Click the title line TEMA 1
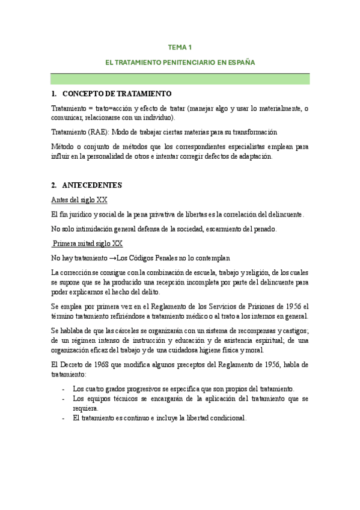click(180, 47)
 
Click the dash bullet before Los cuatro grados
click(64, 389)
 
